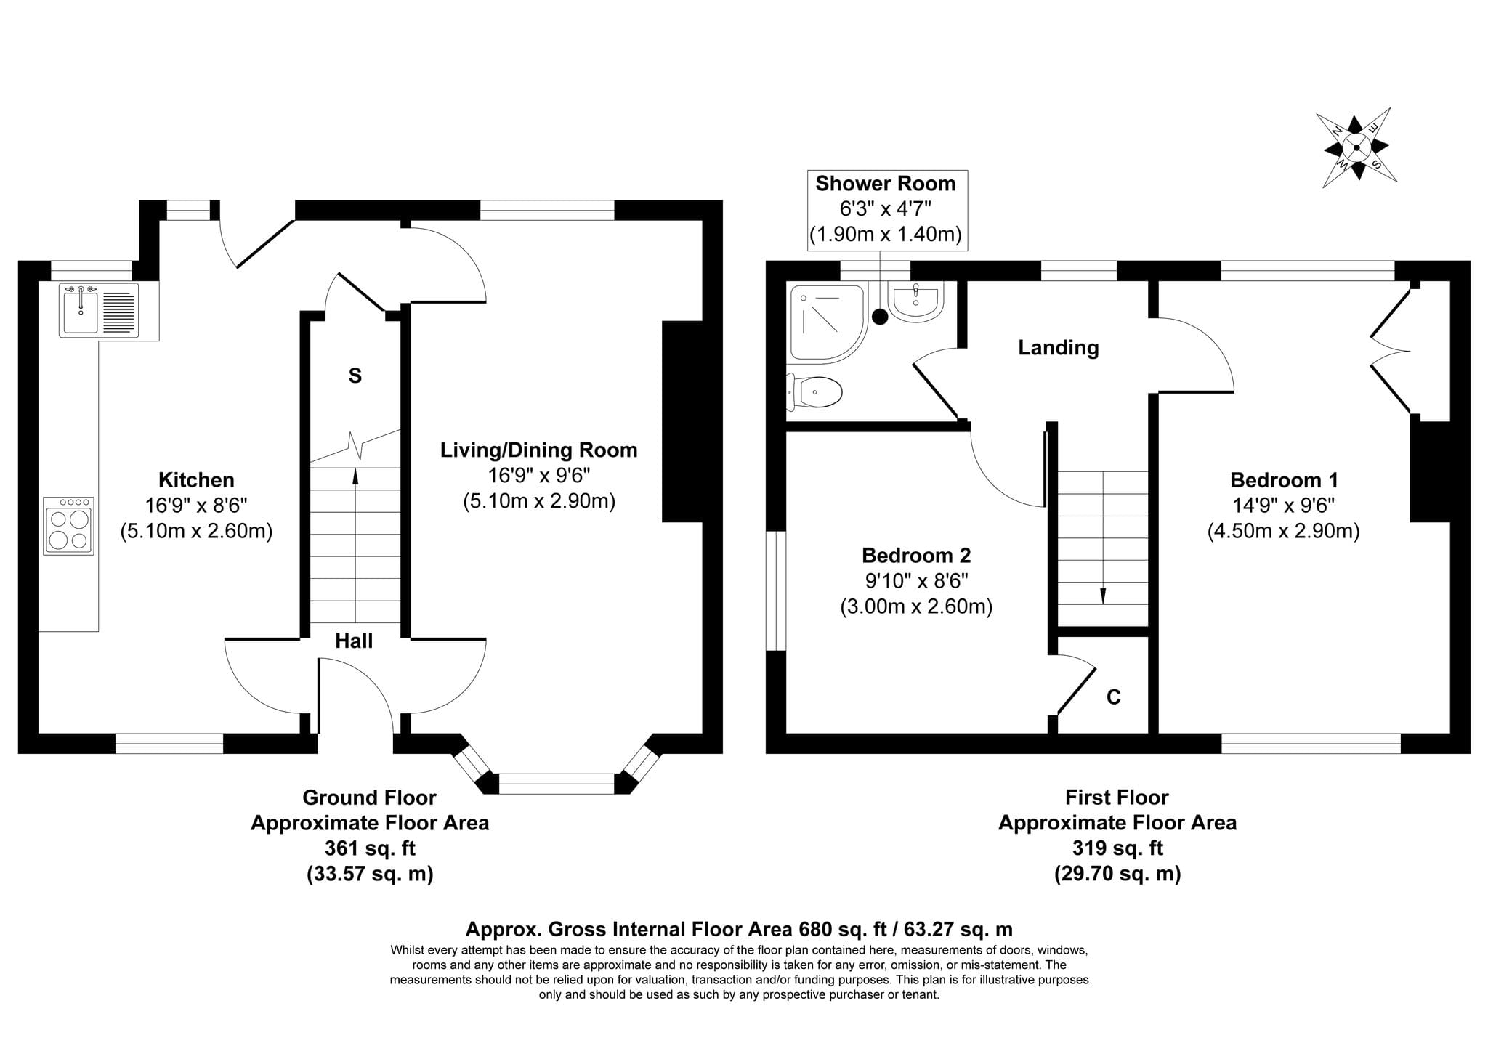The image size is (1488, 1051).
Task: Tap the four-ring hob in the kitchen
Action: pos(69,526)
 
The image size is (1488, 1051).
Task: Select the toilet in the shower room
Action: pos(814,392)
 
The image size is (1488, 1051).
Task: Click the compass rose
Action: pos(1356,147)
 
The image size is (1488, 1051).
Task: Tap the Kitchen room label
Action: pos(196,480)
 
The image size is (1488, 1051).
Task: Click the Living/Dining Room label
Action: pos(539,450)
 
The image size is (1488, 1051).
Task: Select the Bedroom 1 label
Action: pos(1284,480)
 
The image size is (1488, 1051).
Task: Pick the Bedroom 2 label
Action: pos(916,556)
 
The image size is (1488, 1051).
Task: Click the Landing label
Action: pos(1058,348)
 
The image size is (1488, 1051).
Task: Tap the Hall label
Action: pos(354,641)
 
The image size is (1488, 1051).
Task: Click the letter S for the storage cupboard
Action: pos(355,376)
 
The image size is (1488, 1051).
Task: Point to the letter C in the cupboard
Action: pos(1113,697)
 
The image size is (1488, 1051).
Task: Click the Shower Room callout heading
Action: pos(886,184)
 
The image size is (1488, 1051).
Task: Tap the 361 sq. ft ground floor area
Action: pos(370,848)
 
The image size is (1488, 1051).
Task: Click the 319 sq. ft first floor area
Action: pos(1117,848)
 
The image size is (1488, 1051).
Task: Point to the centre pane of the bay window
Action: pos(557,784)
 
